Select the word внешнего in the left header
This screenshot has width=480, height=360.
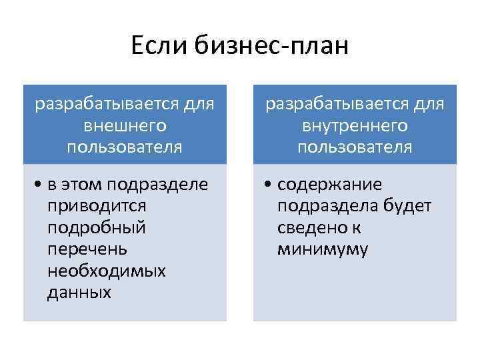pos(125,125)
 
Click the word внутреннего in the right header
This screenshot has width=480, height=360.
pos(355,125)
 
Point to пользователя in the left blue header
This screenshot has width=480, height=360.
pos(125,147)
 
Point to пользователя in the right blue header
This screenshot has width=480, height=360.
pos(355,147)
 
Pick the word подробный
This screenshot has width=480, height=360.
pos(97,227)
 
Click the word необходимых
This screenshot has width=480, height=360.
pos(107,271)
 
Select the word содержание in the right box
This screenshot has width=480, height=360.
pos(329,184)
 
